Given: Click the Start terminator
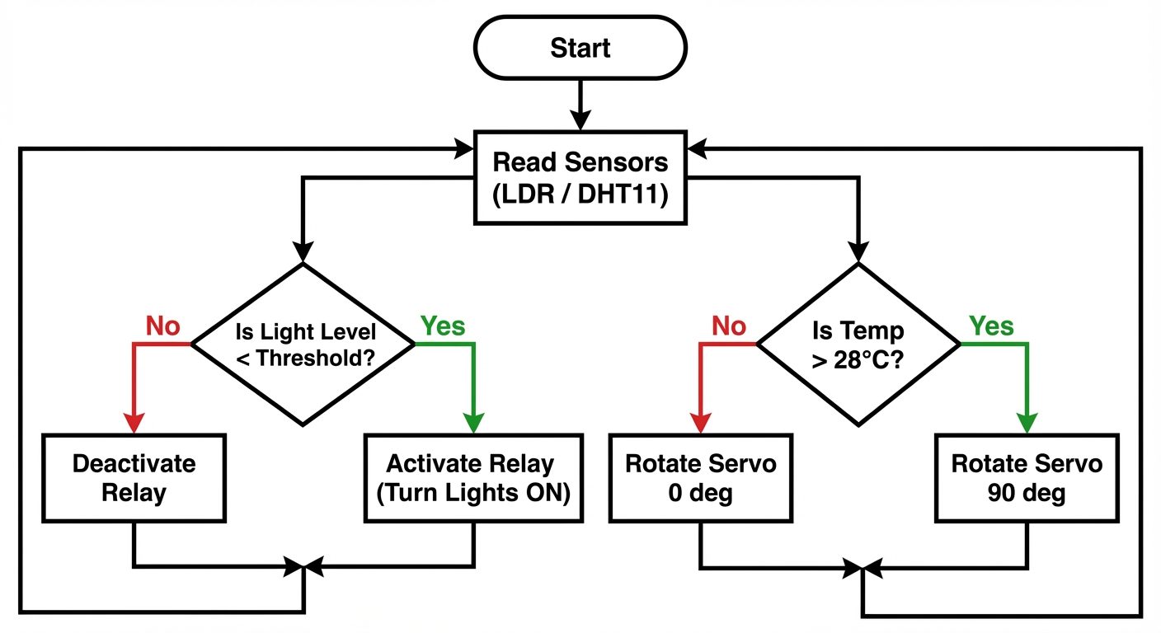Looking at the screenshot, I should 580,48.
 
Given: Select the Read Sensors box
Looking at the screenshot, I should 580,176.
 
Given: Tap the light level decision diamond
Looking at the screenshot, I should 303,344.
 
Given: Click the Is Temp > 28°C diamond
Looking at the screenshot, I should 859,344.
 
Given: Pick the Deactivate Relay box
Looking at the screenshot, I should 134,478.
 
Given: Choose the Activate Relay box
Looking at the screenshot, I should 473,478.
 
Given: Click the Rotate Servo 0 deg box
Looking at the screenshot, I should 700,478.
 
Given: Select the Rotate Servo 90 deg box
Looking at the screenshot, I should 1027,478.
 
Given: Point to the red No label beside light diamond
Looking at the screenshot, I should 163,326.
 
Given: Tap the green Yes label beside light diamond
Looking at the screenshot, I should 443,326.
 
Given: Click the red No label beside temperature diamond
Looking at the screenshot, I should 729,326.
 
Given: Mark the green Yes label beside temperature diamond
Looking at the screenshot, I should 991,326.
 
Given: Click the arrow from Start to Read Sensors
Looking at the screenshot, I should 580,105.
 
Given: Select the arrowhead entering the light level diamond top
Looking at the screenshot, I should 303,251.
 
